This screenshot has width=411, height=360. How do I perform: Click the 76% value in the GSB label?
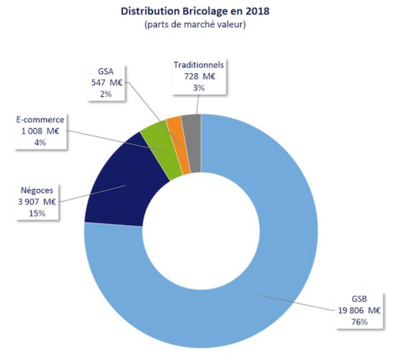click(x=359, y=322)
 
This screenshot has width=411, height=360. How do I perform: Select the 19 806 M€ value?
click(x=359, y=311)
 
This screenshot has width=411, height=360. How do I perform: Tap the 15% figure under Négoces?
click(x=37, y=214)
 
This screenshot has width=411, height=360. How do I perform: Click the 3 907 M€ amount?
click(x=37, y=202)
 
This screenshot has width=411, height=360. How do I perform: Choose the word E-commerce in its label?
click(x=41, y=120)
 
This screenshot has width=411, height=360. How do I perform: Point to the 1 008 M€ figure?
click(x=41, y=132)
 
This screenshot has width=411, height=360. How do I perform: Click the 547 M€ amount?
click(x=106, y=82)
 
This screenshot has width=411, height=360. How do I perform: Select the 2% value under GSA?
click(x=106, y=94)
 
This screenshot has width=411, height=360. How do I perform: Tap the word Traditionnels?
click(x=199, y=65)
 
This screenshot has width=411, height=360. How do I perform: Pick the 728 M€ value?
click(x=199, y=77)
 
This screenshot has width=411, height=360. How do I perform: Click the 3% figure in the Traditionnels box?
click(x=199, y=88)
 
